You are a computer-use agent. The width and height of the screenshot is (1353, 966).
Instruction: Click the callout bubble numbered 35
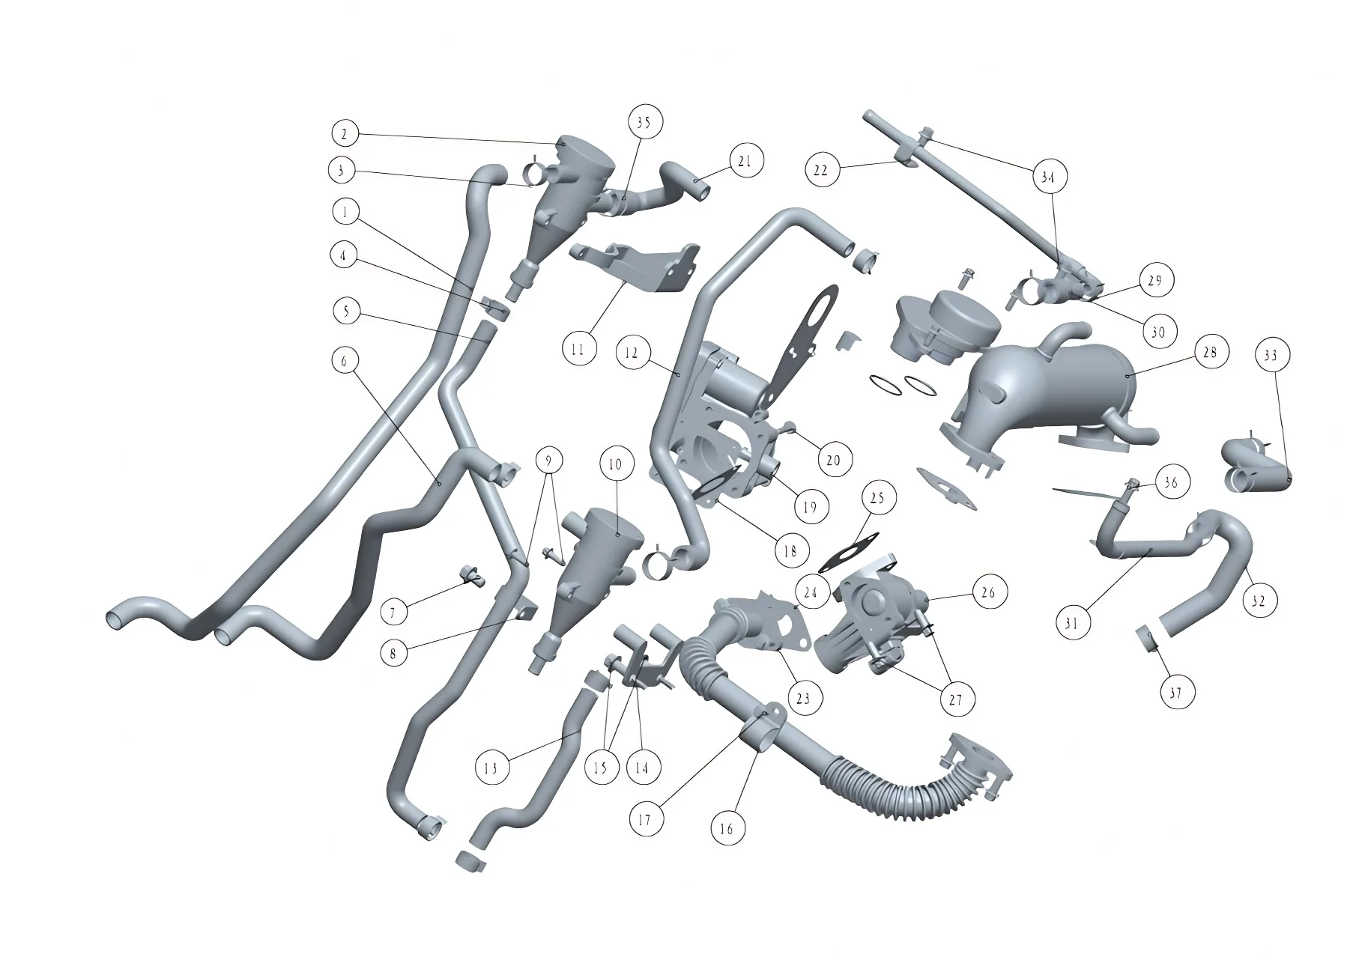point(644,122)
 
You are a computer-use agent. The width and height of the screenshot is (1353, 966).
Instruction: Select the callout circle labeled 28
point(1210,352)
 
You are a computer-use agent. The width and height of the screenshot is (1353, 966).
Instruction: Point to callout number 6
point(344,361)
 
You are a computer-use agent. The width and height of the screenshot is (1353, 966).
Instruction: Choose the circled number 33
point(1271,355)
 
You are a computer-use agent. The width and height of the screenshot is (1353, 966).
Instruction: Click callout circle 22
point(821,170)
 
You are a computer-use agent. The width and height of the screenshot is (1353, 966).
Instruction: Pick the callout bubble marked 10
point(615,465)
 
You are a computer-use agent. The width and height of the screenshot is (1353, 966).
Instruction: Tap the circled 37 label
point(1175,693)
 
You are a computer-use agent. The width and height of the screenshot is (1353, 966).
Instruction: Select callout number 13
point(491,768)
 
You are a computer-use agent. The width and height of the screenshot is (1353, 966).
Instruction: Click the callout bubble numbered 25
point(878,497)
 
